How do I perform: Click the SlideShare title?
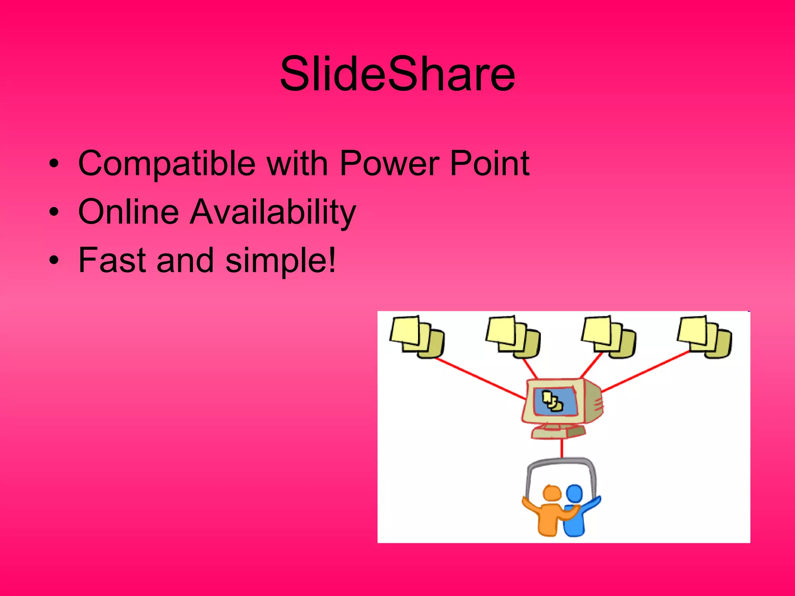tap(397, 74)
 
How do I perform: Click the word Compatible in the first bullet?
tap(167, 164)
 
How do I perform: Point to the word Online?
tap(128, 212)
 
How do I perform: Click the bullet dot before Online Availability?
tap(54, 212)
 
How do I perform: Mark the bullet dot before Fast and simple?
tap(54, 260)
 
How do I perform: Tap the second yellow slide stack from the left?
tap(513, 336)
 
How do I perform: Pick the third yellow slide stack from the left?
tap(609, 336)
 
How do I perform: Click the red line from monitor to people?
tap(562, 448)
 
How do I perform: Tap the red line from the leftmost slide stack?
tap(479, 378)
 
